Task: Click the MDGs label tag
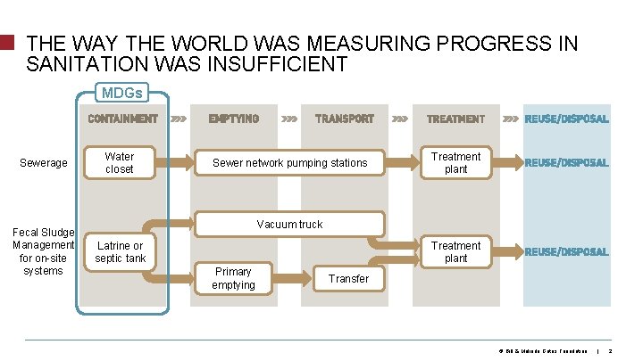(x=121, y=93)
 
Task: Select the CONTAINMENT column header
(x=122, y=119)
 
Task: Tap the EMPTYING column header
(x=233, y=119)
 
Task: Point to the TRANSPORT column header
(x=345, y=119)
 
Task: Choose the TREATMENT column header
(x=455, y=119)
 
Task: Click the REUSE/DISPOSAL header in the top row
(x=566, y=119)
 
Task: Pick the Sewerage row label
(x=43, y=163)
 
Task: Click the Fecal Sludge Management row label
(x=43, y=251)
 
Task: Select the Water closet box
(x=120, y=163)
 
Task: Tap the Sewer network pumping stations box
(x=289, y=163)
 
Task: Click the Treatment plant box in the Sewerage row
(x=455, y=163)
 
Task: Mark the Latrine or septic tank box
(x=120, y=252)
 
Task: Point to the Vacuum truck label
(x=289, y=224)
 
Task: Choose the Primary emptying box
(x=233, y=278)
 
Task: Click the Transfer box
(x=348, y=278)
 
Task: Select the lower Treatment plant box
(x=455, y=252)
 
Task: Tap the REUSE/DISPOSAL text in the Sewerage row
(x=566, y=163)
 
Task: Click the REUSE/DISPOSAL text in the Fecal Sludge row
(x=566, y=252)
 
